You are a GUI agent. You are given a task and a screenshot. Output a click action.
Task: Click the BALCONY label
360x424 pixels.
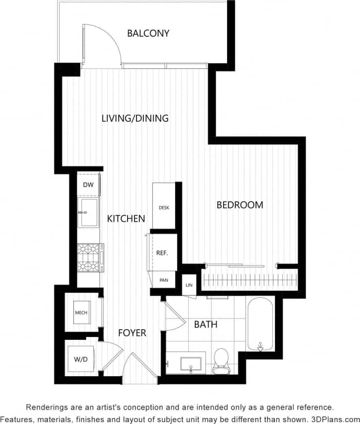coord(148,33)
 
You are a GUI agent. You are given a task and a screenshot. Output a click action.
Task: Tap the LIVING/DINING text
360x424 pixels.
coord(135,118)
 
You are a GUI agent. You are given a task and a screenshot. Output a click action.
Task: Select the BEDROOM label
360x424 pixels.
coord(240,205)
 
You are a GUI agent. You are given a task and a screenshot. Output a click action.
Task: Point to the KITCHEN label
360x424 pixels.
coord(126,219)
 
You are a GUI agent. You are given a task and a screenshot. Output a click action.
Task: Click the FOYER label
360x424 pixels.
coord(132,333)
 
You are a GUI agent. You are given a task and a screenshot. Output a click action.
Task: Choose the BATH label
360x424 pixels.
coord(205,324)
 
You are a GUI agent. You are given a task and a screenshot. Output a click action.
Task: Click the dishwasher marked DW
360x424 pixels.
coord(88,185)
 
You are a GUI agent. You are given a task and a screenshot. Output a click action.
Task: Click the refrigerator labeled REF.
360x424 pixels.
coord(162,253)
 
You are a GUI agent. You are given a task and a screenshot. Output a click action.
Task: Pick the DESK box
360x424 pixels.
coord(163,207)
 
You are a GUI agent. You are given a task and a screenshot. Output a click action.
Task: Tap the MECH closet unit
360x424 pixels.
coord(81,312)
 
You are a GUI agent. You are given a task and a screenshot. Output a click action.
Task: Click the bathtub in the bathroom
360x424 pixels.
coord(260,325)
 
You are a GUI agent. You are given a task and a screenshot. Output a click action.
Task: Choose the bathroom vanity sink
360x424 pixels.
coord(190,364)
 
